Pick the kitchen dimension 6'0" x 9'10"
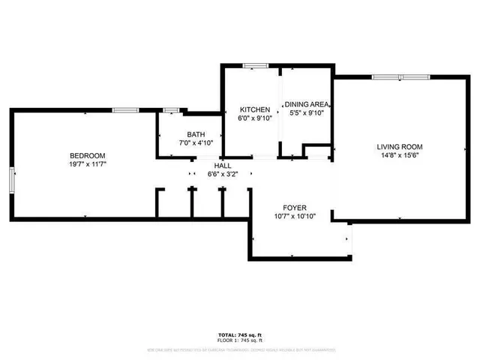tap(254, 118)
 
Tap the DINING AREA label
tap(307, 106)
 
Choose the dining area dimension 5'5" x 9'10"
tap(307, 114)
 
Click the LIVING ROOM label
tap(400, 147)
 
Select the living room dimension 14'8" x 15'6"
tap(400, 156)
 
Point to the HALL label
tap(223, 166)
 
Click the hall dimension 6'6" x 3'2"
tap(223, 174)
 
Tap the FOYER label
tap(295, 208)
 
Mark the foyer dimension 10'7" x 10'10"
tap(295, 217)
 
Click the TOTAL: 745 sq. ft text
tap(240, 334)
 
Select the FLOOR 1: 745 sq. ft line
tap(240, 340)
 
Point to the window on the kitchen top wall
tap(256, 66)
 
